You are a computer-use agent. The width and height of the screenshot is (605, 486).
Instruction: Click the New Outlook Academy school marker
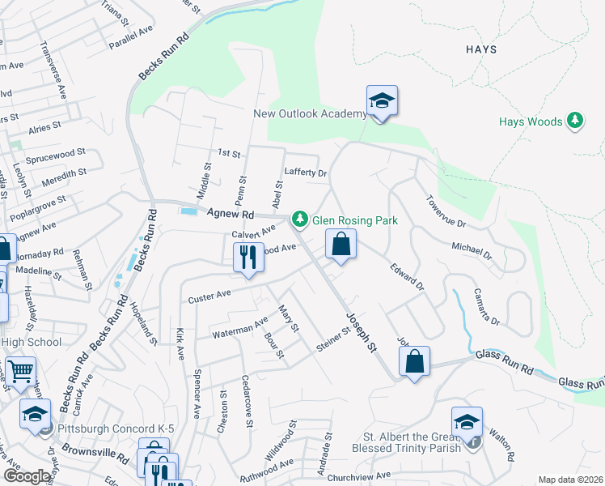[382, 101]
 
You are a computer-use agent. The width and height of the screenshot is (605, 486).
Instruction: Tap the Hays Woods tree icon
[575, 122]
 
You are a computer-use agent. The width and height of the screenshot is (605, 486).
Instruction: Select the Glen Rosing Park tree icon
[300, 218]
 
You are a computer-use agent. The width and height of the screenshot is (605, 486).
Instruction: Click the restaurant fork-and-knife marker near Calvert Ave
[248, 258]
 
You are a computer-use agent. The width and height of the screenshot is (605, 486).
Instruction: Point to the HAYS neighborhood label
[480, 49]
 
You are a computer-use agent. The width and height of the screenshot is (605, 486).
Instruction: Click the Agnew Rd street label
[231, 215]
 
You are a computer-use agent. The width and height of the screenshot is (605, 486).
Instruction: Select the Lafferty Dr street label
[305, 173]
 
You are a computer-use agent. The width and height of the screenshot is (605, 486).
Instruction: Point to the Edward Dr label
[407, 276]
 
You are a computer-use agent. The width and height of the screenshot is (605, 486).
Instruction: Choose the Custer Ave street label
[209, 298]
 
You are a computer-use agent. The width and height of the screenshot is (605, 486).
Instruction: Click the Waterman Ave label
[239, 328]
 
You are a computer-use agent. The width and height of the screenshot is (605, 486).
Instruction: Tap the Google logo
[26, 476]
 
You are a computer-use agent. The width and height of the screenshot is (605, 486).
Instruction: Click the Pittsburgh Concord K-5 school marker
[36, 414]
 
